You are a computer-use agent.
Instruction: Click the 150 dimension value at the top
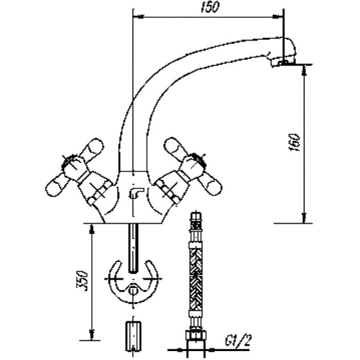tap(207, 7)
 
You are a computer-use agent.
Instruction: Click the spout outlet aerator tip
tap(283, 61)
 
